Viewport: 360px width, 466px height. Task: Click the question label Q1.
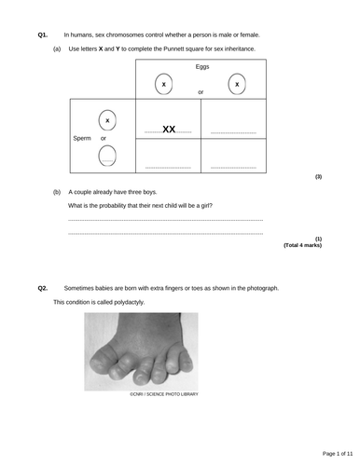(x=43, y=34)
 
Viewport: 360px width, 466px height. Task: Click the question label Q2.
(x=43, y=288)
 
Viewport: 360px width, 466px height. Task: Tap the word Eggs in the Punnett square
(x=202, y=67)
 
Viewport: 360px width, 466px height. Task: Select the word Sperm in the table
(x=82, y=138)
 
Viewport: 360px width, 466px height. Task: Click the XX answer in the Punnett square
(x=169, y=129)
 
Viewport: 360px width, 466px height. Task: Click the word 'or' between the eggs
(x=201, y=92)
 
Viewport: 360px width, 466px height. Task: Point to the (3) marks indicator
(x=318, y=177)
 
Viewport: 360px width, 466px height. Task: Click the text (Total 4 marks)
(x=302, y=245)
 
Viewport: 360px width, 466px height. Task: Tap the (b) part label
(x=57, y=192)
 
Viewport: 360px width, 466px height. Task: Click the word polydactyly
(x=129, y=302)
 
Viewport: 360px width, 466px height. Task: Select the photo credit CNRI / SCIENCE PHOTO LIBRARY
(x=164, y=394)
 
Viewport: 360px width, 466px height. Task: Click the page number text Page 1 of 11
(x=338, y=454)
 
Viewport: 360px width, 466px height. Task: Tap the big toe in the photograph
(x=104, y=361)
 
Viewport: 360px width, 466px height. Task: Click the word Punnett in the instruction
(x=173, y=48)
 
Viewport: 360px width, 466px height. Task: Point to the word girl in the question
(x=206, y=206)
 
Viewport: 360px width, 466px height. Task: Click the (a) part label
(x=57, y=48)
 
